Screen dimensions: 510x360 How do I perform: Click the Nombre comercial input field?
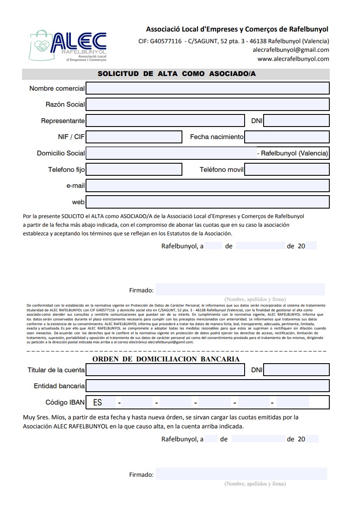pos(207,88)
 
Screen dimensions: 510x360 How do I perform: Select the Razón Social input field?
pos(207,104)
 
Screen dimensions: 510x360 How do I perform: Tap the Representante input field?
pos(165,120)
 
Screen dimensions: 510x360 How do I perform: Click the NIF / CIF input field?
pos(134,137)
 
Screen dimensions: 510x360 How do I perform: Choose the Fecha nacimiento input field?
pos(287,137)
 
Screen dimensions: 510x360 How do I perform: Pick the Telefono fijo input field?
pos(134,169)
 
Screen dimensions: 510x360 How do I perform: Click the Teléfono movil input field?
pos(287,169)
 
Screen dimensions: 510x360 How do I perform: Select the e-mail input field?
pos(207,186)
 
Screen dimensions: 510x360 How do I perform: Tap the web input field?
pos(207,202)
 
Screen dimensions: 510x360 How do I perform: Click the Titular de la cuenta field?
pos(165,370)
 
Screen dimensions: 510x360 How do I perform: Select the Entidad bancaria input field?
pos(207,386)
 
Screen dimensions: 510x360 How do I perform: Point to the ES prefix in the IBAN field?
pos(98,402)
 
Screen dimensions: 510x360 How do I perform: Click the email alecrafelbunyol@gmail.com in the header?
pos(291,50)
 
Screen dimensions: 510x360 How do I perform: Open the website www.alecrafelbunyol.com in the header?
pos(293,59)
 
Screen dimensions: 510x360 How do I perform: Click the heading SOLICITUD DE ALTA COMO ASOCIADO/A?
pos(176,74)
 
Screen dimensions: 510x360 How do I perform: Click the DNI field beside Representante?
pos(296,120)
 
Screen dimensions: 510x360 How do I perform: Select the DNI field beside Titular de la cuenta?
pos(296,370)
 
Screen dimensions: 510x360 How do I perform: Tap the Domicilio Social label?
pos(61,153)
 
